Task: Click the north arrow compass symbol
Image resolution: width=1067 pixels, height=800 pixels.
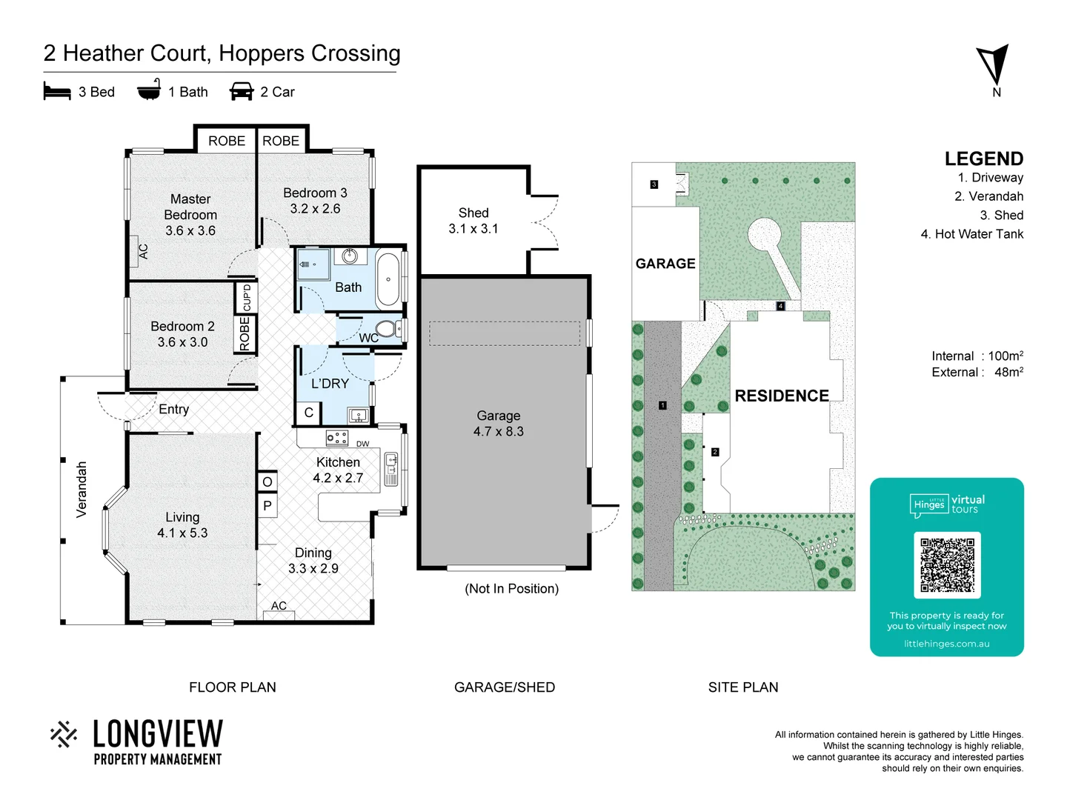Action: (x=994, y=65)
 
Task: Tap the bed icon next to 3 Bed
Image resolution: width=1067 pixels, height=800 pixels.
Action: (x=57, y=92)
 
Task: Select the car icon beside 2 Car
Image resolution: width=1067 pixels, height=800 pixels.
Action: (x=242, y=92)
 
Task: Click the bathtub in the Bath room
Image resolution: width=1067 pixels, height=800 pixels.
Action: (x=388, y=279)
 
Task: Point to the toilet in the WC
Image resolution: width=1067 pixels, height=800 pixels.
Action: (x=387, y=328)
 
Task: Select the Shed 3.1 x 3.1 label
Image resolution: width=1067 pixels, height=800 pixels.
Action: (x=473, y=221)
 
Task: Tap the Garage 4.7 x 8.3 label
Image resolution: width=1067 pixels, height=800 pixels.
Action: (x=499, y=424)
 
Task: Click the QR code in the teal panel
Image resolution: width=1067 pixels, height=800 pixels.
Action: (x=947, y=564)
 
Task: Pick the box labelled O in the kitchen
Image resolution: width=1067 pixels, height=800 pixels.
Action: (x=267, y=481)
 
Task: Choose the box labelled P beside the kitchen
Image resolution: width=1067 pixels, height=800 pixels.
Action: (x=267, y=506)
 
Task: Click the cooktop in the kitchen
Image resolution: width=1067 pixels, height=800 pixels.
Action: (x=337, y=438)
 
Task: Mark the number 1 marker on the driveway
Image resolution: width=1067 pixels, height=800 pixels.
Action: (x=662, y=405)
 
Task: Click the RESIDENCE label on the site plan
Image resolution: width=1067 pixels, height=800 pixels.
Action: (x=782, y=396)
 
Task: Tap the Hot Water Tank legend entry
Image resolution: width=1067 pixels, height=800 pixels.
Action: (x=971, y=234)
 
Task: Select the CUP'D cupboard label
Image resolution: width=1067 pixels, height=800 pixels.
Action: (x=247, y=298)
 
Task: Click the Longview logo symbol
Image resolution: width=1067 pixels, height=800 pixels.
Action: (x=64, y=734)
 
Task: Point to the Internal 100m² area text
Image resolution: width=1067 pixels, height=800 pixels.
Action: (x=977, y=356)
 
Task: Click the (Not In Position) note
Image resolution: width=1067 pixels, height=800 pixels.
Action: (x=511, y=589)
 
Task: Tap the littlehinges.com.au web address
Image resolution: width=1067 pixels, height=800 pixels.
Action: (x=946, y=644)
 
